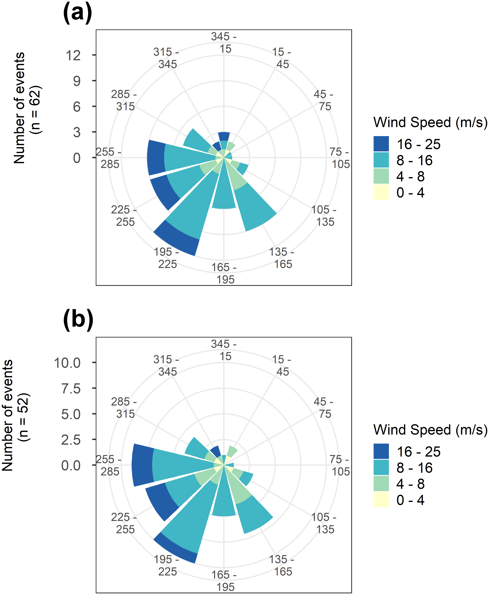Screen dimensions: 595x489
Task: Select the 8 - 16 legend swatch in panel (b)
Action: [x=381, y=468]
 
